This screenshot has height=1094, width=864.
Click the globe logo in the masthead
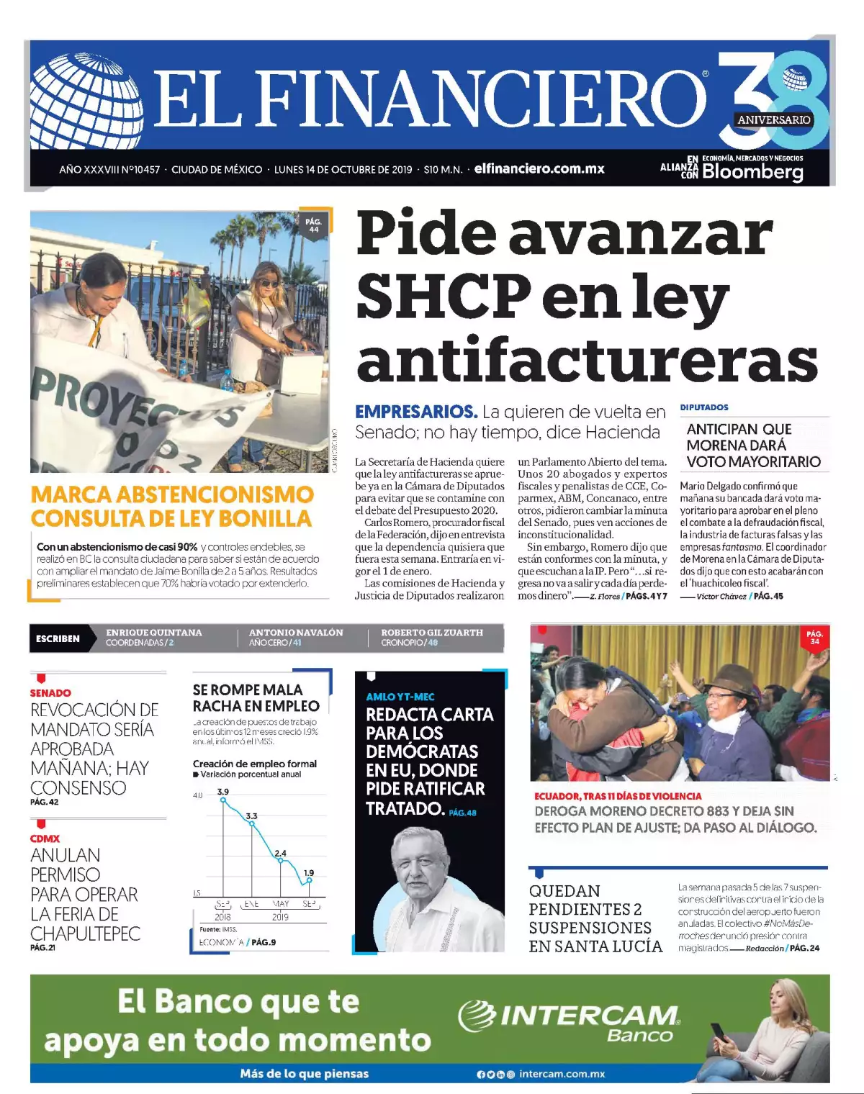pos(86,101)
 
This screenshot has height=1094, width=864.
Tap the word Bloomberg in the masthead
pos(752,172)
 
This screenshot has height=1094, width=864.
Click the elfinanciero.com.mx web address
pos(539,169)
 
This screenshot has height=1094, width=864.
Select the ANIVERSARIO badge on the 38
pos(774,120)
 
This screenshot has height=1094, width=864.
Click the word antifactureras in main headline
pos(587,360)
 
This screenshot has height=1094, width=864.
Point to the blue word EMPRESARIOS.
pos(416,412)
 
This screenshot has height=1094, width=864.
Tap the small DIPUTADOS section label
pos(704,407)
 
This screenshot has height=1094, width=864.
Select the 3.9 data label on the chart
pos(223,792)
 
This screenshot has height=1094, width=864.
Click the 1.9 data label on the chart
pos(309,872)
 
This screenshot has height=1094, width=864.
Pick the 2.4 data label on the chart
pos(280,853)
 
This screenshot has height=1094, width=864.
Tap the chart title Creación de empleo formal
pos(255,764)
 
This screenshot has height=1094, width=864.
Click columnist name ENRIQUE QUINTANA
pos(154,633)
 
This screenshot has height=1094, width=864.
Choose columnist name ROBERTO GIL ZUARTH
pos(432,633)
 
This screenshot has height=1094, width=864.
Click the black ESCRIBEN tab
pos(58,638)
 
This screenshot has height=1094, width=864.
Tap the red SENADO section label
pos(50,692)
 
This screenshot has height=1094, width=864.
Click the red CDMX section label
pos(45,838)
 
